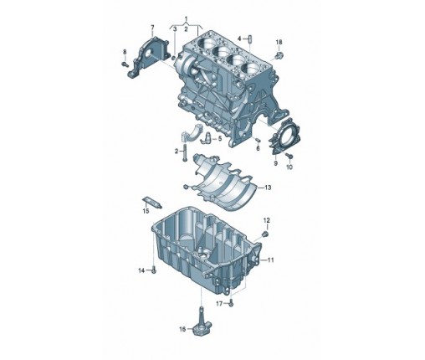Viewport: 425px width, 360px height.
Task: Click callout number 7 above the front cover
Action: [x=152, y=28]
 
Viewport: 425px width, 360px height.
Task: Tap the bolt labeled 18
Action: [x=279, y=55]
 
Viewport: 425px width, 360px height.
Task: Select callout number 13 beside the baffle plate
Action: [x=268, y=188]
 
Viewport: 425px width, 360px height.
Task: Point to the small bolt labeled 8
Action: [x=125, y=64]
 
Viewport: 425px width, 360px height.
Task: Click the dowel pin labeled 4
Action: [x=249, y=39]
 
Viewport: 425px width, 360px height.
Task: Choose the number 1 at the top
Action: [x=187, y=19]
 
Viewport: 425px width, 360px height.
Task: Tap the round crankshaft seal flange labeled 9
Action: [x=284, y=136]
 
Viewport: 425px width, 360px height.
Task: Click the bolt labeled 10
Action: [x=289, y=156]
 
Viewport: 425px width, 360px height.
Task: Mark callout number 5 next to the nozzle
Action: [x=220, y=138]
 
